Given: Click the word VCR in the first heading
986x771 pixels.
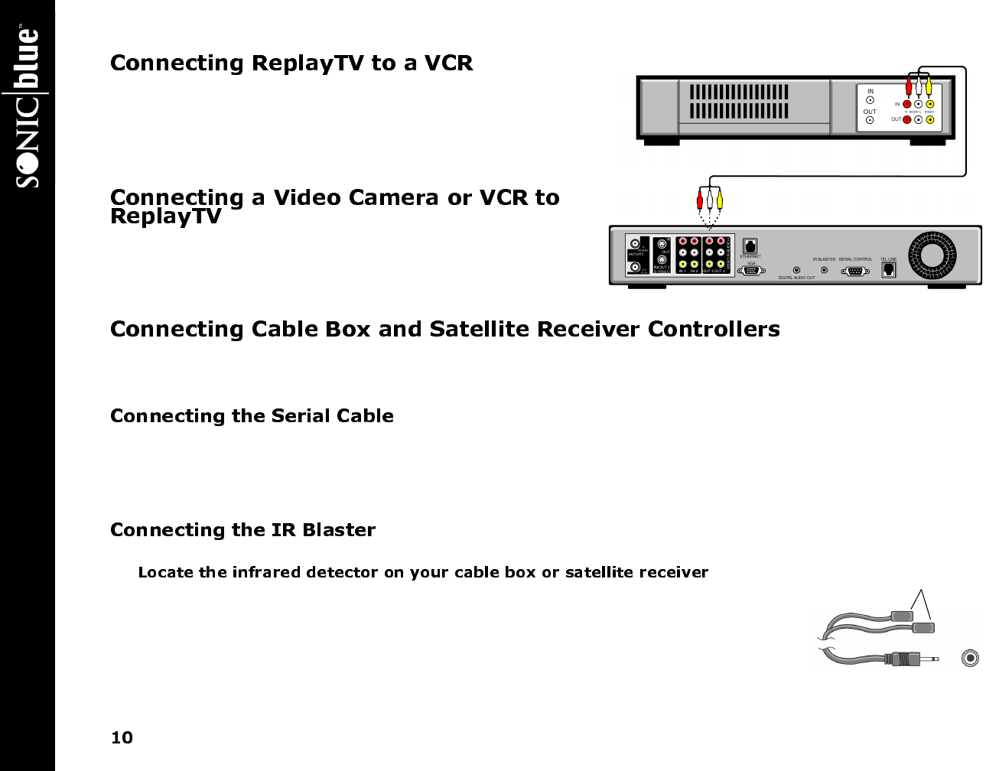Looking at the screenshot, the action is click(x=448, y=63).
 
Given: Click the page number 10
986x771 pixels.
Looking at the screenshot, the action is click(x=122, y=737).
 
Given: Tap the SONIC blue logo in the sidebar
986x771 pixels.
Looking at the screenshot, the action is click(x=28, y=107).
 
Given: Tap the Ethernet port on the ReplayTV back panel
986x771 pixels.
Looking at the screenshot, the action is click(x=750, y=246).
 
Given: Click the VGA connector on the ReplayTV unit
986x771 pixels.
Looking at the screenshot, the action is click(x=751, y=271).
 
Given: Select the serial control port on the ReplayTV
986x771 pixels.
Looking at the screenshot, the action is click(x=855, y=270).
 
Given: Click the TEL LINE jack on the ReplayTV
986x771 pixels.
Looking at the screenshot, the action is click(x=888, y=270).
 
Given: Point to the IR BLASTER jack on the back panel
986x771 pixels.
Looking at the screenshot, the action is click(x=824, y=270).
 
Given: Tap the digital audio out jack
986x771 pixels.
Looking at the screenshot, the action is click(x=796, y=270).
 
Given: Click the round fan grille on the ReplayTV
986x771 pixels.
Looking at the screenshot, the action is click(x=932, y=254).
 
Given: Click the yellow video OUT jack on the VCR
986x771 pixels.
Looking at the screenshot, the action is click(x=929, y=119).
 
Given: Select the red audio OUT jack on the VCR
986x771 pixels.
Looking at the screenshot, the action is click(x=906, y=119).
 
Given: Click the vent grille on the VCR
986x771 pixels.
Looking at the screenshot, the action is click(x=739, y=102).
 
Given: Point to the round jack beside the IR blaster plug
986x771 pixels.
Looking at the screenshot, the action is click(x=970, y=658).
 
